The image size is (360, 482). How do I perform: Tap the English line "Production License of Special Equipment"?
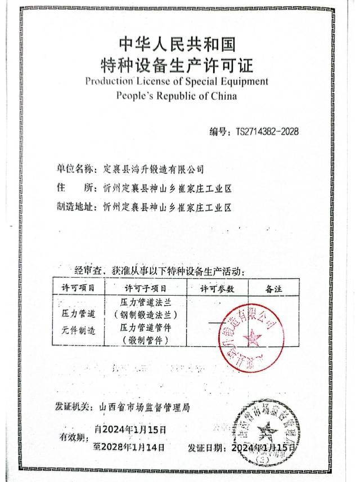pos(177,82)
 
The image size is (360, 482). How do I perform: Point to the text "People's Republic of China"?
pos(177,96)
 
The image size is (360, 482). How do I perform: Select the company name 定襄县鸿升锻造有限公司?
pos(154,168)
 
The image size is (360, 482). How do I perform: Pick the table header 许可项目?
pos(78,288)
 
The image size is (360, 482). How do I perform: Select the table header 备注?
pos(273,288)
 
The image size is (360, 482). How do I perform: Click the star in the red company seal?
pos(253,338)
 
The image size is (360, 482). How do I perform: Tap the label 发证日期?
pos(205,447)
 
